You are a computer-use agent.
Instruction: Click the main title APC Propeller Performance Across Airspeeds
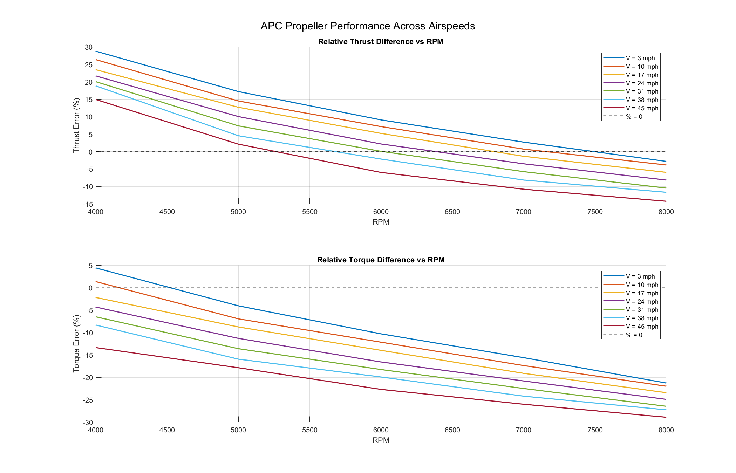point(368,26)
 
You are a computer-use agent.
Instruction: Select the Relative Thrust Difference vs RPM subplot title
point(381,42)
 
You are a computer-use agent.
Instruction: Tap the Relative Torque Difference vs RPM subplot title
point(381,260)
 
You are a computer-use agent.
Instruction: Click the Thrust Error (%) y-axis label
point(76,125)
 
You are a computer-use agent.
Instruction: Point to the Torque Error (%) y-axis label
point(76,344)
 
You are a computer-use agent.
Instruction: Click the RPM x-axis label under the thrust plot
point(381,222)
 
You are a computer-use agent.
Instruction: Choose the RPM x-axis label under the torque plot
point(381,440)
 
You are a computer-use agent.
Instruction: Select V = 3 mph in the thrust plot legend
point(640,58)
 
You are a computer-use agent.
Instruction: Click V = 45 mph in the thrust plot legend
point(642,108)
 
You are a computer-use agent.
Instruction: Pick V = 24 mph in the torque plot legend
point(642,302)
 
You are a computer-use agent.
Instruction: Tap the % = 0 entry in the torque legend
point(634,335)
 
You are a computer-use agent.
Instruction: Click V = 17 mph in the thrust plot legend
point(642,75)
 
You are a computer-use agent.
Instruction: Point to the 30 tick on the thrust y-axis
point(89,48)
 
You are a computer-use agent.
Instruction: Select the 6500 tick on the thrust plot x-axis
point(452,212)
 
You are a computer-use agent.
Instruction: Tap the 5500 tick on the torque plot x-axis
point(309,430)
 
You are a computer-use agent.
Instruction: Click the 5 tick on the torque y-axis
point(90,266)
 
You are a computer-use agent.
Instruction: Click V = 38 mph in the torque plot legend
point(642,318)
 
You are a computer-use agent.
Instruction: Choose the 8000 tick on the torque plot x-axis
point(666,430)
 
